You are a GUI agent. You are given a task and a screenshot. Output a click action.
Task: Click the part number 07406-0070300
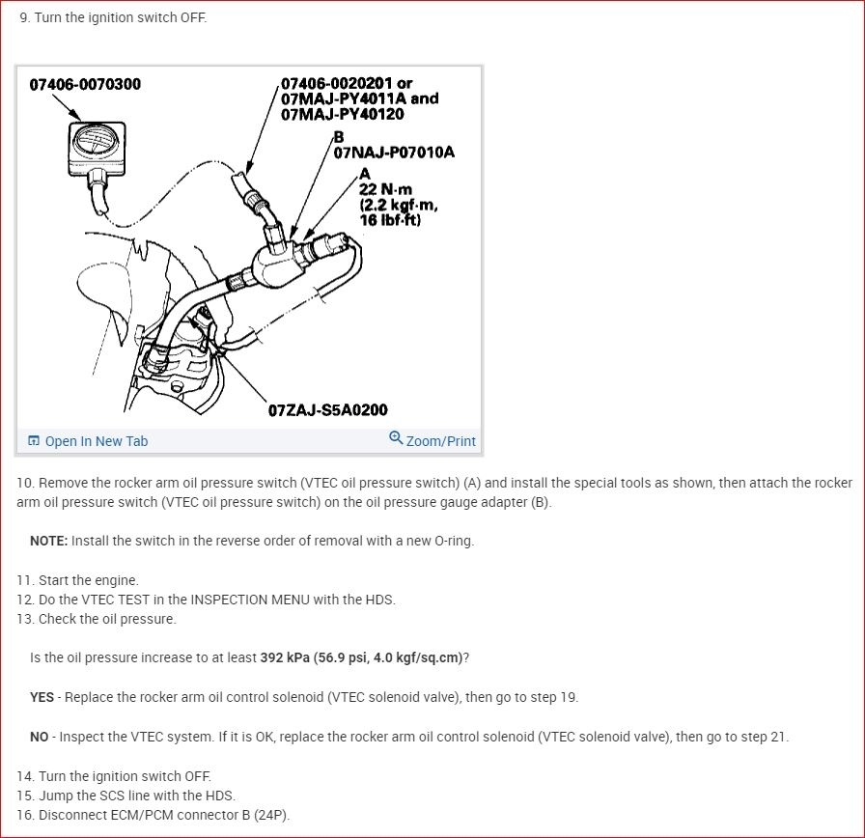point(85,84)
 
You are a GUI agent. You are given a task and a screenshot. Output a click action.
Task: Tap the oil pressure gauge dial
point(97,142)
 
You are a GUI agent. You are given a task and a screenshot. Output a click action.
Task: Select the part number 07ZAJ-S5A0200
point(327,410)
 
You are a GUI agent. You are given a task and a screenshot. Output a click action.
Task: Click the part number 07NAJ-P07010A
point(394,153)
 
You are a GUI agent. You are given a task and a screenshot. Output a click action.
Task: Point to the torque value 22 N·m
point(385,189)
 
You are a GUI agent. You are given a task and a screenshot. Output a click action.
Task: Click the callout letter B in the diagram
point(339,137)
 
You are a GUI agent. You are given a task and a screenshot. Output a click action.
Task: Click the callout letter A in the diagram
point(365,174)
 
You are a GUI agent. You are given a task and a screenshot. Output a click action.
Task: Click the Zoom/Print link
point(441,441)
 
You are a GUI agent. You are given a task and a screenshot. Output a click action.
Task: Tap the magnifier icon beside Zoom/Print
point(396,438)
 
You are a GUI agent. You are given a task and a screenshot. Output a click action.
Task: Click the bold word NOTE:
point(48,541)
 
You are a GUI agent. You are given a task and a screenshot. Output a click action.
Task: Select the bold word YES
point(42,697)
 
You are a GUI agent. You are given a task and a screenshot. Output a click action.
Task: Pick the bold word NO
point(40,737)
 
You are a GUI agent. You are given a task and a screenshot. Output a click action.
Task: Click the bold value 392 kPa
point(285,657)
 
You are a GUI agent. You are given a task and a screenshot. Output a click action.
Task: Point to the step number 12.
point(25,600)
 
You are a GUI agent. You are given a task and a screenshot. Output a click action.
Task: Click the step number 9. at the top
point(25,17)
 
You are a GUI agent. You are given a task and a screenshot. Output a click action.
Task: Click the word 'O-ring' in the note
point(454,541)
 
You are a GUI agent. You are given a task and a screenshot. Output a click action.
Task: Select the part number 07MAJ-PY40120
point(342,114)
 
